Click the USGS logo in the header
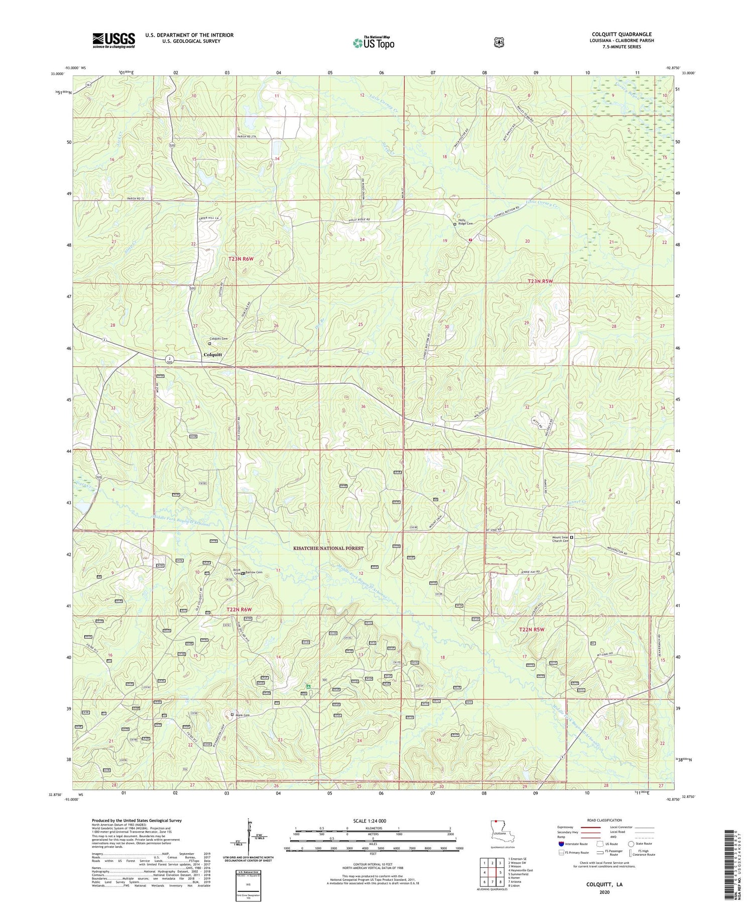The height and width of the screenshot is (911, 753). [113, 40]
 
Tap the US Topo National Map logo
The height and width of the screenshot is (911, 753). [373, 43]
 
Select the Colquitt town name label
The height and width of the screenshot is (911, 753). [213, 354]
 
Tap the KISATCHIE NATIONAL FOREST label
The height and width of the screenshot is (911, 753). [328, 548]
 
